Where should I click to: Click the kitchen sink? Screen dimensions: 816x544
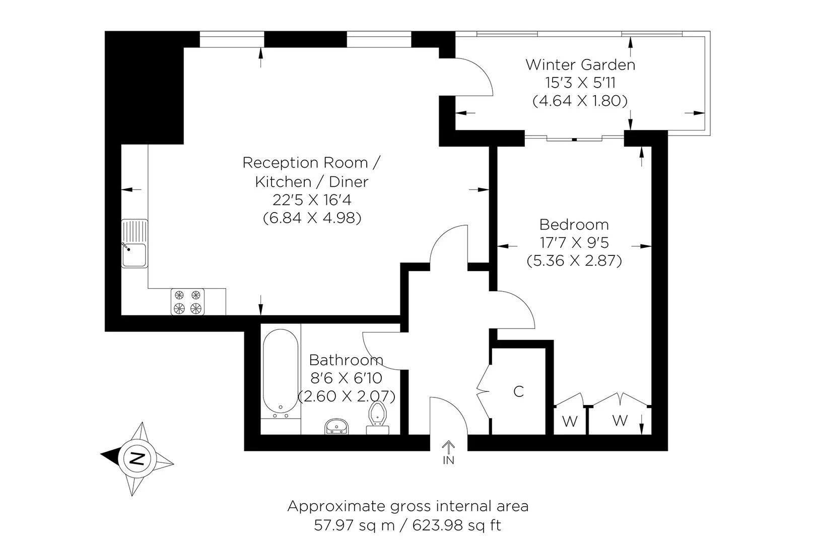(x=134, y=243)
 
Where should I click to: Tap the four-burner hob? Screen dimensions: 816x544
(x=187, y=302)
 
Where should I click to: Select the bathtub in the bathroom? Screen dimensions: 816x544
(x=281, y=374)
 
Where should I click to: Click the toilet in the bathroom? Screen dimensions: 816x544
(x=377, y=418)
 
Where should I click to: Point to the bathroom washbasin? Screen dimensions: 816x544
(x=336, y=426)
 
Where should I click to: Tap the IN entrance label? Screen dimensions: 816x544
(x=448, y=460)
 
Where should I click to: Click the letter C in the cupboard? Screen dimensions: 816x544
(x=518, y=392)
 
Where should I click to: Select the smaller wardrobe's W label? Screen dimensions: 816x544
(x=570, y=422)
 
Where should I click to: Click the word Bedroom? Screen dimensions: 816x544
(x=574, y=225)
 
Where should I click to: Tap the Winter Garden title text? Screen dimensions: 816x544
(x=580, y=65)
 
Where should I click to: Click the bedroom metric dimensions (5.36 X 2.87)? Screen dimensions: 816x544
(x=574, y=260)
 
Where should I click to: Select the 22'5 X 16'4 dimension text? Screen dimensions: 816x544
(x=312, y=199)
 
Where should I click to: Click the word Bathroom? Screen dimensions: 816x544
(x=346, y=360)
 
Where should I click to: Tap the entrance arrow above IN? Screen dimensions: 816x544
(x=448, y=447)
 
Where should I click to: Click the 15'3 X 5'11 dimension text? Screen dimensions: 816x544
(x=580, y=83)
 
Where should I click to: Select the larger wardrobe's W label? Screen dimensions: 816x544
(x=620, y=421)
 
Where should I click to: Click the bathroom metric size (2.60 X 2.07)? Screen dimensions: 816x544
(x=347, y=396)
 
